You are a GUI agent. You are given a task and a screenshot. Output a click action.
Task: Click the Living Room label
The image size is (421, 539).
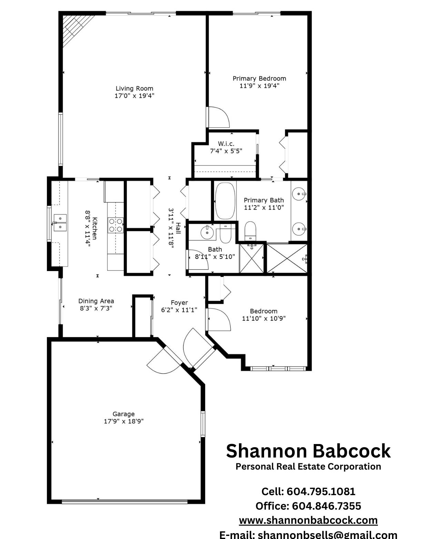134,88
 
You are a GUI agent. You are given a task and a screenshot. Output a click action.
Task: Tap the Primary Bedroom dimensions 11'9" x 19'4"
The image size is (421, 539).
259,86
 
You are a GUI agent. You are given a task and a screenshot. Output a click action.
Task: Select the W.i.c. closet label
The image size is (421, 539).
226,144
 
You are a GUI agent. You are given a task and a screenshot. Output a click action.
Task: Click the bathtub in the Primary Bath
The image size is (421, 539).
225,201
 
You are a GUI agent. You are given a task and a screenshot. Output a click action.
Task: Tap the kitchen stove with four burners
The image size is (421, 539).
116,225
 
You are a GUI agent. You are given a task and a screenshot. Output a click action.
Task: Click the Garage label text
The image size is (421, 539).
123,414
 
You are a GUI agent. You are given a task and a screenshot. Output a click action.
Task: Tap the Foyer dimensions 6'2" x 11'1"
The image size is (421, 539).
179,310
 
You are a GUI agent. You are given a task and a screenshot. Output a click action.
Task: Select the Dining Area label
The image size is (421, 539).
96,301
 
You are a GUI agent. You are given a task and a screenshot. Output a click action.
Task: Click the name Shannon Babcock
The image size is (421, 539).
308,451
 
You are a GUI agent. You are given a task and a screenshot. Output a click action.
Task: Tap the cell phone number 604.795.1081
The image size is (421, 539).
321,492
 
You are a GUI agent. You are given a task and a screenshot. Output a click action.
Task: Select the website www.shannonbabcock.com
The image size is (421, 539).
308,520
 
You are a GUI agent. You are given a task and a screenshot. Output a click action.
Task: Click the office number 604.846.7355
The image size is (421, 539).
327,506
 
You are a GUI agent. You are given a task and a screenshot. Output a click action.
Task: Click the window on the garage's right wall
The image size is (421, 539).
203,424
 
